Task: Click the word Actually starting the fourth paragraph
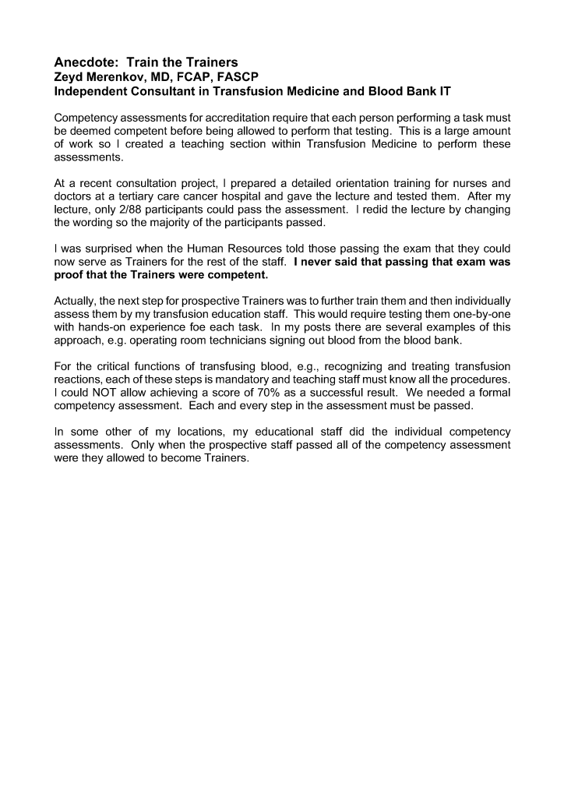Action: pyautogui.click(x=76, y=302)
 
